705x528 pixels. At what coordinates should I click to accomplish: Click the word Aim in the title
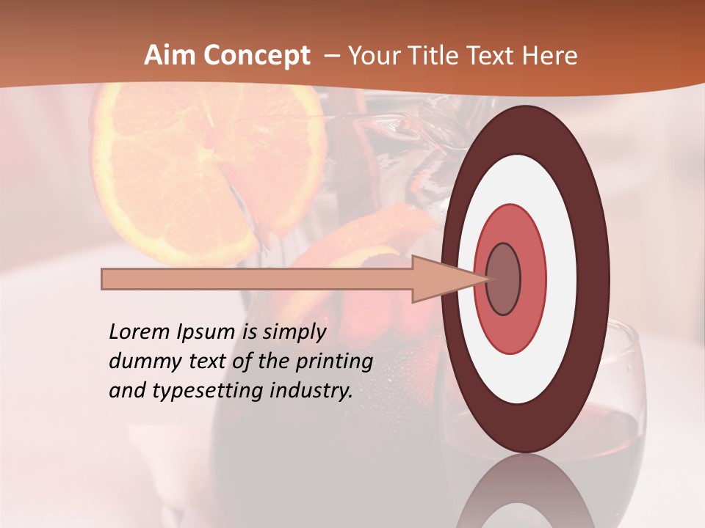click(168, 56)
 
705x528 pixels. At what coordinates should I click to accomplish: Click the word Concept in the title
click(255, 56)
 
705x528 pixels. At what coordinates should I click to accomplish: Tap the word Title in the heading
click(443, 56)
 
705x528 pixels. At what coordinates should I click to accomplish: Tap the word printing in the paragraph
click(334, 361)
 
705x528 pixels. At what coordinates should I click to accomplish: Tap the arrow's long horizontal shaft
click(257, 279)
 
